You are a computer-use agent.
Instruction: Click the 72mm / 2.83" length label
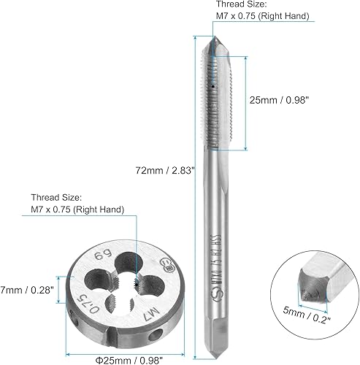[158, 172]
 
